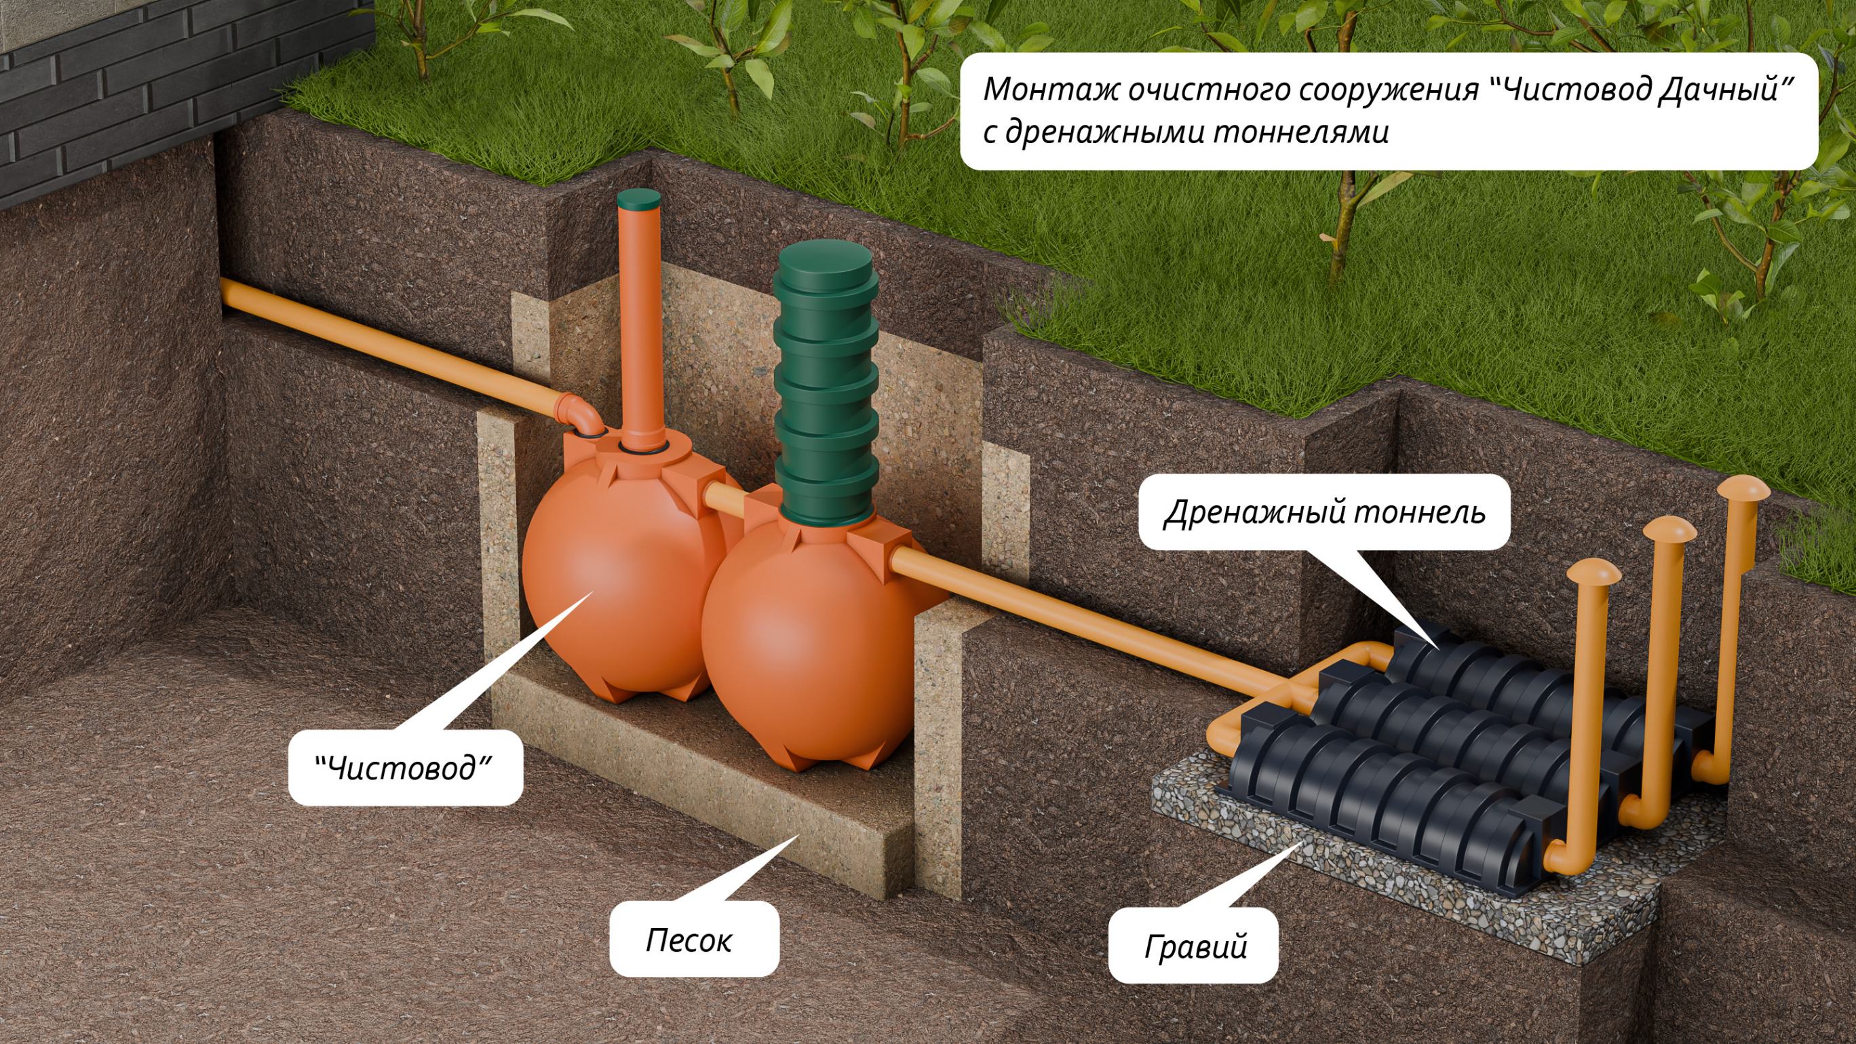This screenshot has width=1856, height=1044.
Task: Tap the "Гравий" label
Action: pyautogui.click(x=1195, y=947)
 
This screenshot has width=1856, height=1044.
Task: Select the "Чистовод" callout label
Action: pyautogui.click(x=404, y=768)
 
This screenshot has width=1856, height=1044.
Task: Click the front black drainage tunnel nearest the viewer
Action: pyautogui.click(x=1369, y=807)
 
